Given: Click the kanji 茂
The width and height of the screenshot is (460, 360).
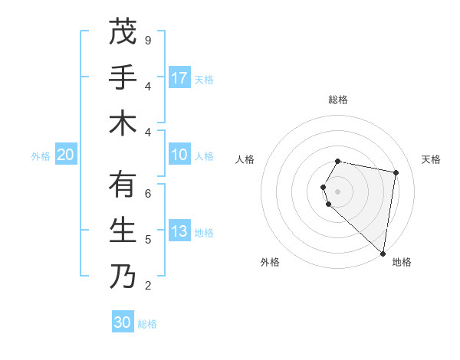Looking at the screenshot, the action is pyautogui.click(x=123, y=32).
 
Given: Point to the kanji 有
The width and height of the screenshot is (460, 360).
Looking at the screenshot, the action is pyautogui.click(x=123, y=185).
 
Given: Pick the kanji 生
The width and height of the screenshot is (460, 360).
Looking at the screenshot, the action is pyautogui.click(x=123, y=231).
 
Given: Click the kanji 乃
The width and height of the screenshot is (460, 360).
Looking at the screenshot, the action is pyautogui.click(x=123, y=277).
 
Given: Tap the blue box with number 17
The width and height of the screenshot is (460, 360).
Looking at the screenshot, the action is pyautogui.click(x=179, y=78).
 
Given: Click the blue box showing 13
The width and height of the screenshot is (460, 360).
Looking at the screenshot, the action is pyautogui.click(x=179, y=232).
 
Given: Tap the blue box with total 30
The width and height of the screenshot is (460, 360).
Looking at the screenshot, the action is pyautogui.click(x=123, y=322).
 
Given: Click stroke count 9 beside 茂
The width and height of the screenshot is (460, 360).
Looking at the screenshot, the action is pyautogui.click(x=147, y=41).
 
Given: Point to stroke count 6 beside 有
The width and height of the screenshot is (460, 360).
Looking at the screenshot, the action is pyautogui.click(x=147, y=194).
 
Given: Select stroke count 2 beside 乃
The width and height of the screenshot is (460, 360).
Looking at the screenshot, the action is pyautogui.click(x=147, y=286).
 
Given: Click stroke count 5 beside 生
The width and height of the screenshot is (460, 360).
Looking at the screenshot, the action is pyautogui.click(x=147, y=240).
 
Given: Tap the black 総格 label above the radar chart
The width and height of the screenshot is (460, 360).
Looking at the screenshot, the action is pyautogui.click(x=338, y=100).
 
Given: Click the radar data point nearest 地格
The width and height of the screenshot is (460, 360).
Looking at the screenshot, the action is pyautogui.click(x=383, y=253).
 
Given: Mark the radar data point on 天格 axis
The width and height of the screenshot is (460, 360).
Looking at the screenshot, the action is pyautogui.click(x=396, y=173).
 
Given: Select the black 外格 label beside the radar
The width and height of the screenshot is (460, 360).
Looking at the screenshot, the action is pyautogui.click(x=269, y=262).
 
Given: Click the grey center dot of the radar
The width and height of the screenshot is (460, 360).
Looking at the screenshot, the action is pyautogui.click(x=338, y=191).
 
